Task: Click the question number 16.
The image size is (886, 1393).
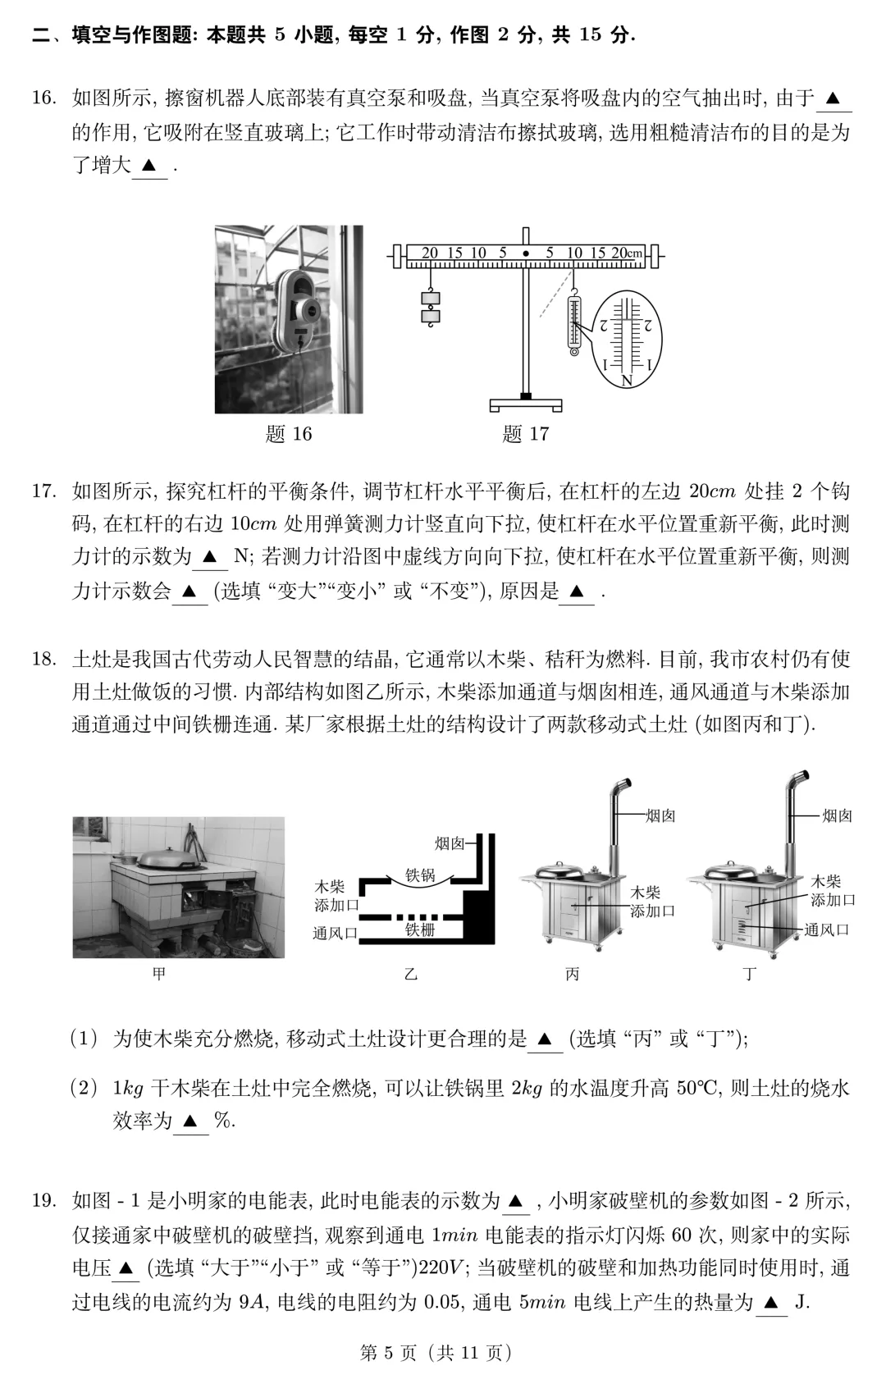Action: [43, 99]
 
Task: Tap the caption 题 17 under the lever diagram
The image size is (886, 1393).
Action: [525, 433]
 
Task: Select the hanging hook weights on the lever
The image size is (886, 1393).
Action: [430, 307]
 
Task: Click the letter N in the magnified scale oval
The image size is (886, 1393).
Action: [627, 381]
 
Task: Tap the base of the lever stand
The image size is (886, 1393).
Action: [526, 404]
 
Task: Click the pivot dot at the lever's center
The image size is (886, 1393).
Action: [525, 253]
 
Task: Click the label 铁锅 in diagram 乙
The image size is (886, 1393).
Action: [419, 875]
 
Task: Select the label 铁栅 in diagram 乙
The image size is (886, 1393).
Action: [419, 930]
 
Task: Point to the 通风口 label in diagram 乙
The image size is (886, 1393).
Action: [335, 933]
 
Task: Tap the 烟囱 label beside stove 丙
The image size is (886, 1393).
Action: [660, 815]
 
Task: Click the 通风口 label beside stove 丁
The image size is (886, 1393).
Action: [826, 929]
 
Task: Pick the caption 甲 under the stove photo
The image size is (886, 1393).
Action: [159, 974]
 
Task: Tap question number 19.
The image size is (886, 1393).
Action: [43, 1202]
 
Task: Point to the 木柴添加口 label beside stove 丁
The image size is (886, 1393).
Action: [832, 891]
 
